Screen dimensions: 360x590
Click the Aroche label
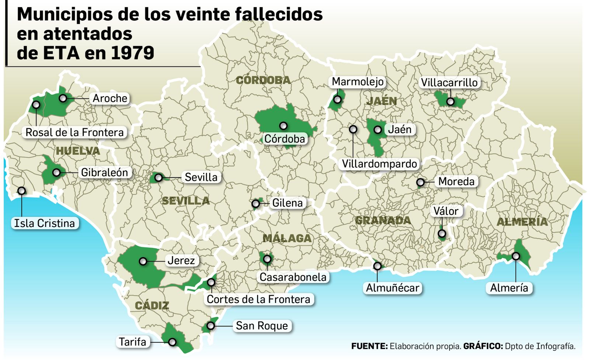point(110,98)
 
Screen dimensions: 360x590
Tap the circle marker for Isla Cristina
point(22,191)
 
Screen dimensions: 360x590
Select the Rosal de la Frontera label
point(74,133)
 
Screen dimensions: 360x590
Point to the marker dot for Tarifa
point(172,342)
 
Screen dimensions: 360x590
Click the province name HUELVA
point(78,151)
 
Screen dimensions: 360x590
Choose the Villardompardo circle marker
point(353,129)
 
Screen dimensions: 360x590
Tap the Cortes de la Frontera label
point(258,299)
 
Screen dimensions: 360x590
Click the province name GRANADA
point(383,220)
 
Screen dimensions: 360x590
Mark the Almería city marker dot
point(516,256)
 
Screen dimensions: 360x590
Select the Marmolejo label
point(358,82)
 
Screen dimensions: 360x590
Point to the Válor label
point(446,211)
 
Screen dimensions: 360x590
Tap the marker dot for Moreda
point(420,182)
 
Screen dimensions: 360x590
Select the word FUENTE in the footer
point(369,346)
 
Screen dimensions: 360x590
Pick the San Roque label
point(262,326)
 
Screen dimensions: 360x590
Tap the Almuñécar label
point(392,288)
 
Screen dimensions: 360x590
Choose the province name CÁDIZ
point(152,305)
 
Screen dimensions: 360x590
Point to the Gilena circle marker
point(255,203)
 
